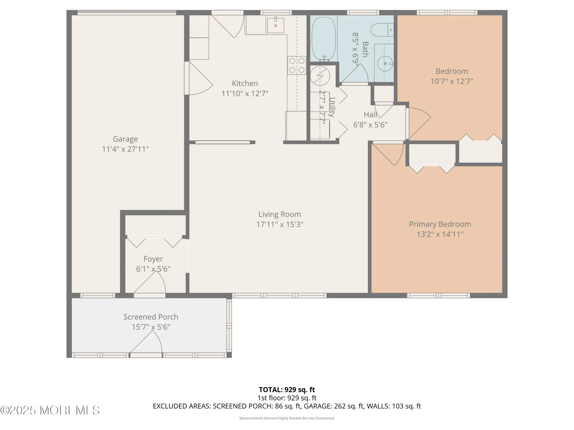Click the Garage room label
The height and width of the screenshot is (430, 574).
point(125,139)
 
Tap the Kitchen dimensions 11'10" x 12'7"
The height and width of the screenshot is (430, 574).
point(245,94)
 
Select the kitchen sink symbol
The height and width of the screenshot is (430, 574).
point(276,25)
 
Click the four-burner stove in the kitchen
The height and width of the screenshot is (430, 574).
point(297,65)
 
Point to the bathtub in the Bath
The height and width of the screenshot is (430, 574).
point(324,39)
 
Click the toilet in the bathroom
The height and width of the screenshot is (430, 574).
point(380,30)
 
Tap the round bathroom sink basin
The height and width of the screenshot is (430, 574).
point(384,64)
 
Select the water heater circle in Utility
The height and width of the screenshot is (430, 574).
point(320,76)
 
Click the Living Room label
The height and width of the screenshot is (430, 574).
point(280,214)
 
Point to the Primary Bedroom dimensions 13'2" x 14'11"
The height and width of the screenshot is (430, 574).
point(440,234)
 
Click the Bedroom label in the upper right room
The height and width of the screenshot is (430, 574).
point(451,71)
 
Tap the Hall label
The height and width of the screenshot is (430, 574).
point(370,115)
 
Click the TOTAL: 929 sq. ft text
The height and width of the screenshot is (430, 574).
point(287,390)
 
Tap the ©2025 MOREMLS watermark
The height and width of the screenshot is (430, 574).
point(50,411)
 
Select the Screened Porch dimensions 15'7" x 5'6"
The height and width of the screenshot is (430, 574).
point(151,327)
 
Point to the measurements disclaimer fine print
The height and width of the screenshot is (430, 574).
point(287,418)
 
